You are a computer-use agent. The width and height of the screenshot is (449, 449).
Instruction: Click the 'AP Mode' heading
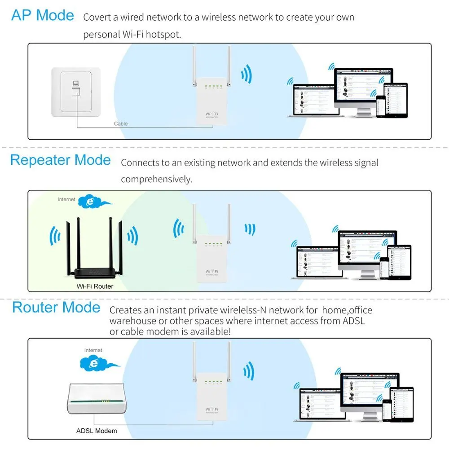43,15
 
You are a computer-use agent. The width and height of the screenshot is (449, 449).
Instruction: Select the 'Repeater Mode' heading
60,160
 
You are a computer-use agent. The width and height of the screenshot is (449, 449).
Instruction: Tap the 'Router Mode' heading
56,308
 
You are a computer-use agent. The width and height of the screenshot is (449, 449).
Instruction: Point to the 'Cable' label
120,123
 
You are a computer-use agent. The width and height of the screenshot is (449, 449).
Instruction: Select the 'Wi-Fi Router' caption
94,286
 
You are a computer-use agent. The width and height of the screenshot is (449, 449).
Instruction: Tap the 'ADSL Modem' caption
96,431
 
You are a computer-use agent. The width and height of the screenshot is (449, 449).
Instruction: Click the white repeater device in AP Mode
210,101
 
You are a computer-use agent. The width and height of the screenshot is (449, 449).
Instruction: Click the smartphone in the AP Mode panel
382,106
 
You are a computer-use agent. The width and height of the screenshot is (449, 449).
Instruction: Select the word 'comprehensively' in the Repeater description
156,179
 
